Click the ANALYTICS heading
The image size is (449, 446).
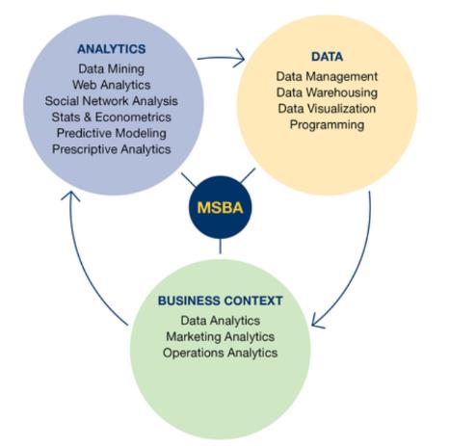[112, 49]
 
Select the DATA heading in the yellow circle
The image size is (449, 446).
[327, 57]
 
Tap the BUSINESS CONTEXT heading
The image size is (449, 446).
[221, 301]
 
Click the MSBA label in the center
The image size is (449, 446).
[220, 207]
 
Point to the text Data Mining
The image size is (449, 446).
[112, 68]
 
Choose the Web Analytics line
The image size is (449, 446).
[112, 85]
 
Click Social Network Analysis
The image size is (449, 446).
[111, 101]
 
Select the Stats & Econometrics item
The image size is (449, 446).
[112, 117]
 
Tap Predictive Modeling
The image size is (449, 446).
[112, 133]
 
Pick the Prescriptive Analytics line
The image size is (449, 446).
[112, 149]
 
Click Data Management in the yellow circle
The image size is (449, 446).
[327, 76]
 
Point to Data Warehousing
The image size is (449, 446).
[327, 92]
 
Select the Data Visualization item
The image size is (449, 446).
[327, 109]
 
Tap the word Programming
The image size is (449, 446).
[327, 124]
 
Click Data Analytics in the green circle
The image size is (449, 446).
[221, 321]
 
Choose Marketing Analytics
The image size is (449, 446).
[221, 336]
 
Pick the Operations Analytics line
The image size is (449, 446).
[221, 353]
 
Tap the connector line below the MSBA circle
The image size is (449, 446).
[221, 247]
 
